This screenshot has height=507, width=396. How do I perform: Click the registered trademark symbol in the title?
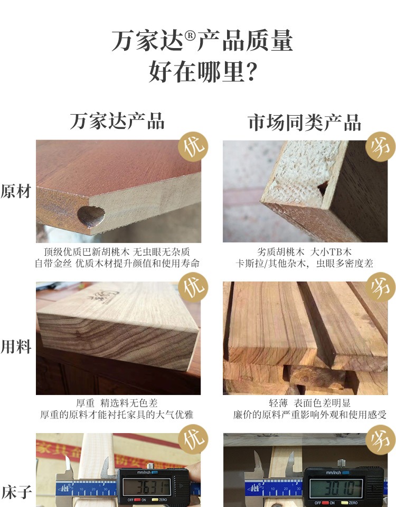pos(190,35)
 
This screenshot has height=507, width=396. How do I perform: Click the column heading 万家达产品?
pos(117,121)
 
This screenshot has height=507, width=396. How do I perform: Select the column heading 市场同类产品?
pos(304,123)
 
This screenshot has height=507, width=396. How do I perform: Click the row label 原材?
pos(16,191)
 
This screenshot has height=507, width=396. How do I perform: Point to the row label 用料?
pos(16,346)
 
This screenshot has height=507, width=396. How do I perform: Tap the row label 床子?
pos(17,492)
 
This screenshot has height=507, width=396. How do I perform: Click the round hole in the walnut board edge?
pos(91,216)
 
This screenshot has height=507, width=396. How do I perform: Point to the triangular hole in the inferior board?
pos(323,188)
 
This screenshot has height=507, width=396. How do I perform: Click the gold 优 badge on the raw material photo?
pos(193,147)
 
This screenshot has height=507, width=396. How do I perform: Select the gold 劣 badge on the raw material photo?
pos(381,147)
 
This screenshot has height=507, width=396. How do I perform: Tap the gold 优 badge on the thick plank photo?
pos(193,287)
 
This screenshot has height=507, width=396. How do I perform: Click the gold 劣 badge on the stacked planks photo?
pos(381,287)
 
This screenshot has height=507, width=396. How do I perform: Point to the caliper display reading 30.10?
pos(336,488)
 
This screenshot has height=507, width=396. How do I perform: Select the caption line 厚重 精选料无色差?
pos(117,403)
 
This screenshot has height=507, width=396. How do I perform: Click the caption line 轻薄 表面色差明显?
pos(309,403)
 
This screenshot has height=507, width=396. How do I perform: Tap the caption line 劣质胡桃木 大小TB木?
pos(304,252)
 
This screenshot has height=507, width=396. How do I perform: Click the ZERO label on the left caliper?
pos(163,500)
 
